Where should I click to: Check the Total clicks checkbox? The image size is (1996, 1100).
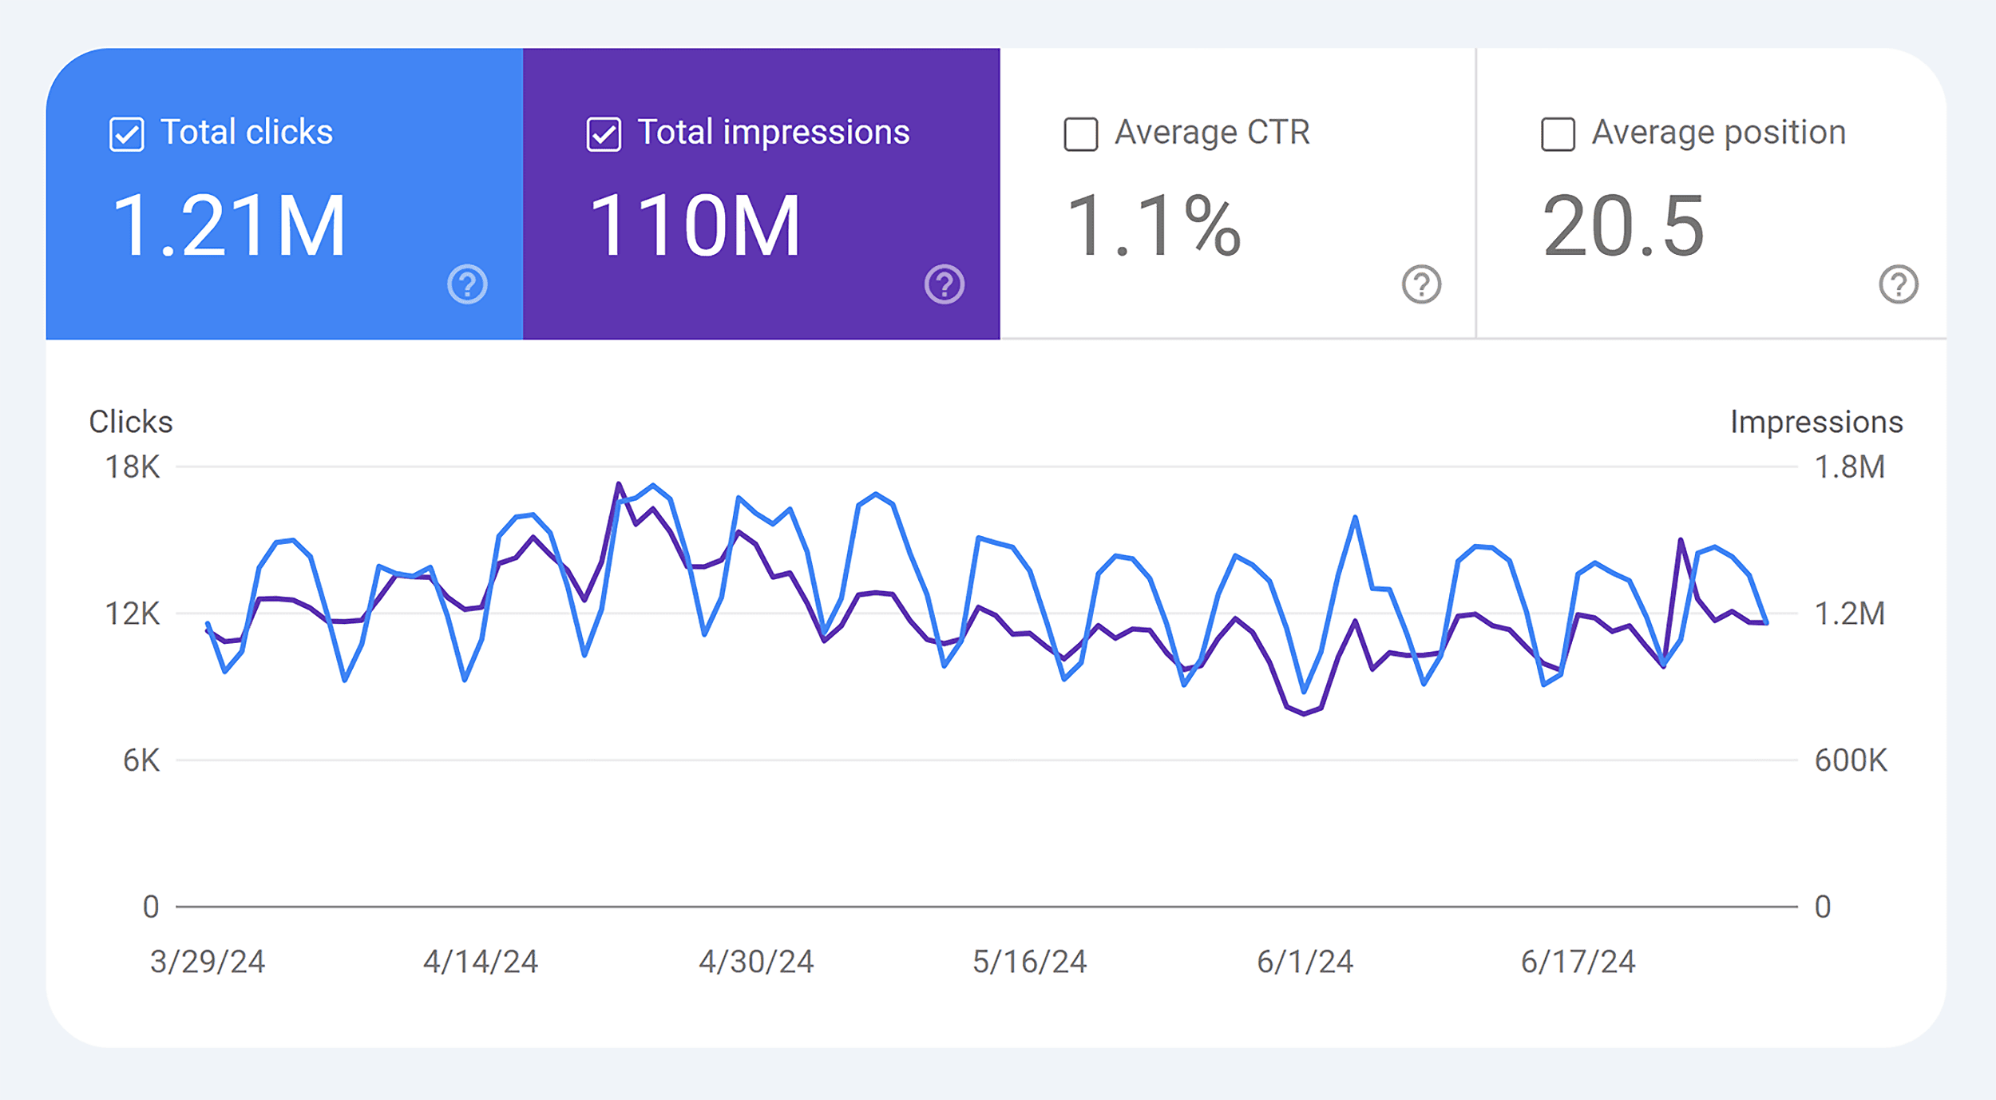click(126, 134)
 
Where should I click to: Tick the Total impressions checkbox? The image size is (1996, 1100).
click(604, 134)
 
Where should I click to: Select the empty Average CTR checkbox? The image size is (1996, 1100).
click(1080, 134)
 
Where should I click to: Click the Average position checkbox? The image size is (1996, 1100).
click(1558, 134)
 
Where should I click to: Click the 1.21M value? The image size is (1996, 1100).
click(229, 227)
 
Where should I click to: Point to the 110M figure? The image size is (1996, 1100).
click(694, 227)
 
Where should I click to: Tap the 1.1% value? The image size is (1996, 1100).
click(1153, 227)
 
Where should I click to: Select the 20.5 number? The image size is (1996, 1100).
click(1623, 227)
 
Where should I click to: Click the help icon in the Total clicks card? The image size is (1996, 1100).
click(467, 284)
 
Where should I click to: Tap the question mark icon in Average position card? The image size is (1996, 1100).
click(1898, 284)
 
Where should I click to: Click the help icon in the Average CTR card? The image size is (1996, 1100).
click(1421, 284)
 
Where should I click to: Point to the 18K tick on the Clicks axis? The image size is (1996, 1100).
click(133, 467)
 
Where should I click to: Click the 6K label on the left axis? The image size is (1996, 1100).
click(141, 760)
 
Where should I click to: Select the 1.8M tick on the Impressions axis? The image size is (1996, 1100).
click(1849, 467)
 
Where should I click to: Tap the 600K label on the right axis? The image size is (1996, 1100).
click(1851, 760)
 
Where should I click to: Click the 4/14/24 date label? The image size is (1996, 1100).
click(481, 962)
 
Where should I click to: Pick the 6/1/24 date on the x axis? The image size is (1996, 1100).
click(1305, 962)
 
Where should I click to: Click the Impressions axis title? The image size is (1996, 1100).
click(1816, 422)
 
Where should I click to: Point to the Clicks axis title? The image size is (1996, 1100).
click(131, 422)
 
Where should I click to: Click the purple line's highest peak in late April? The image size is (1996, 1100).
click(619, 484)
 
